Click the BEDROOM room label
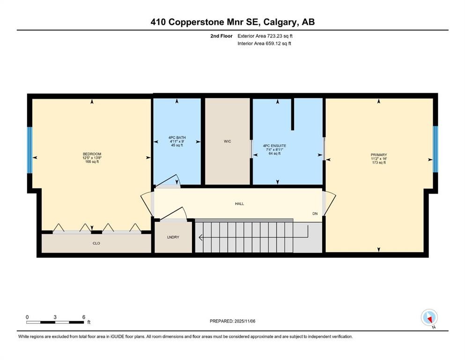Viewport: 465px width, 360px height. click(x=92, y=154)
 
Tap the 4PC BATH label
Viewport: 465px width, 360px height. click(x=177, y=138)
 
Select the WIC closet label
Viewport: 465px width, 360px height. click(x=227, y=141)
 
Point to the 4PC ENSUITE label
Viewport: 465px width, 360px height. click(x=274, y=146)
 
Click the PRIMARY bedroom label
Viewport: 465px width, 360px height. click(x=378, y=154)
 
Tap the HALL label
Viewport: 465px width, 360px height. click(x=239, y=204)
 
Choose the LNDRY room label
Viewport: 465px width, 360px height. click(x=173, y=237)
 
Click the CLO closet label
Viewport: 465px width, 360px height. click(x=96, y=243)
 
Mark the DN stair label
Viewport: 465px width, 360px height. click(x=316, y=214)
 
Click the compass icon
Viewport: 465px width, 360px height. click(x=429, y=318)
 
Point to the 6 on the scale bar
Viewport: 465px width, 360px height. click(x=83, y=317)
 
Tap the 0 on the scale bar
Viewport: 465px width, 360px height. click(x=27, y=317)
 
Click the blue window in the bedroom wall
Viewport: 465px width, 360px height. click(x=30, y=150)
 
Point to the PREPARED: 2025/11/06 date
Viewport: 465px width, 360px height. click(x=233, y=321)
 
